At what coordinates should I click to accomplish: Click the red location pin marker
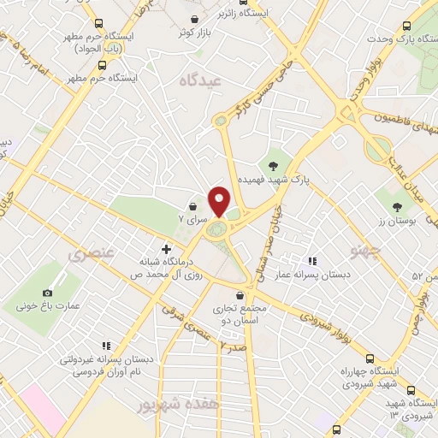click(220, 200)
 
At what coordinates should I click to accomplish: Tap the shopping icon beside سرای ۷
click(193, 207)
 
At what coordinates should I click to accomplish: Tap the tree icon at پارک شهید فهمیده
click(272, 166)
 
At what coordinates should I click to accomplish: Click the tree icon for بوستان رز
click(396, 206)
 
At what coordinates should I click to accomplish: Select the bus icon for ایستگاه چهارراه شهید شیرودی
click(370, 358)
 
